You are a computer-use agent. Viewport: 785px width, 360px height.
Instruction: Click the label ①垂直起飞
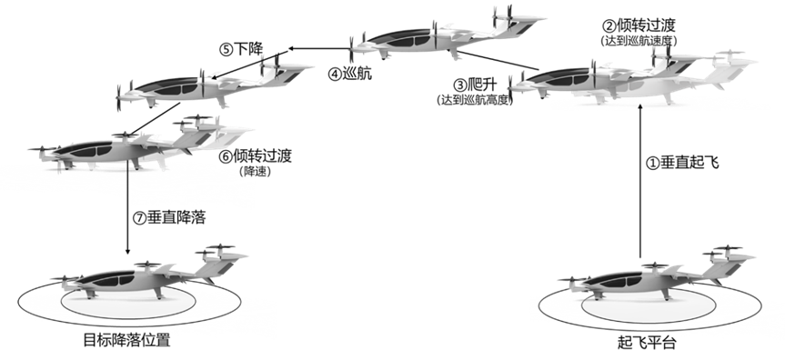coord(682,163)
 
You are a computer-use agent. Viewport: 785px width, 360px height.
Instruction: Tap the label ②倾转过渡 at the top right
coord(639,25)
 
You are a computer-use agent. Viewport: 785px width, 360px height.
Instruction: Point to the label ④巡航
coord(350,75)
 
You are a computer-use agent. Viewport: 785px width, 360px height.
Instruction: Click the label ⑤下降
coord(241,48)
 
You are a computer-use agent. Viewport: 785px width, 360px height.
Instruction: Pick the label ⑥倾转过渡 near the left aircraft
coord(255,156)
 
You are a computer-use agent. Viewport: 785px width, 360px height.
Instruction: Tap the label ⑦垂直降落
coord(168,218)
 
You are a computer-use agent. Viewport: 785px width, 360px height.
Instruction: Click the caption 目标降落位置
coord(126,341)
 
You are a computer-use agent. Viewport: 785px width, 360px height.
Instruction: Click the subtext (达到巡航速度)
coord(639,42)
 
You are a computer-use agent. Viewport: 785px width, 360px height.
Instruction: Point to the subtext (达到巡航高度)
coord(475,100)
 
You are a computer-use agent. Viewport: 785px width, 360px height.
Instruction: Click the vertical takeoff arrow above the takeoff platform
coord(640,181)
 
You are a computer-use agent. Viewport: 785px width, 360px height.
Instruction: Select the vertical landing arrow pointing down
coord(127,212)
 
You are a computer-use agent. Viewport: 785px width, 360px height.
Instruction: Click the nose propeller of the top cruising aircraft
coord(351,49)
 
